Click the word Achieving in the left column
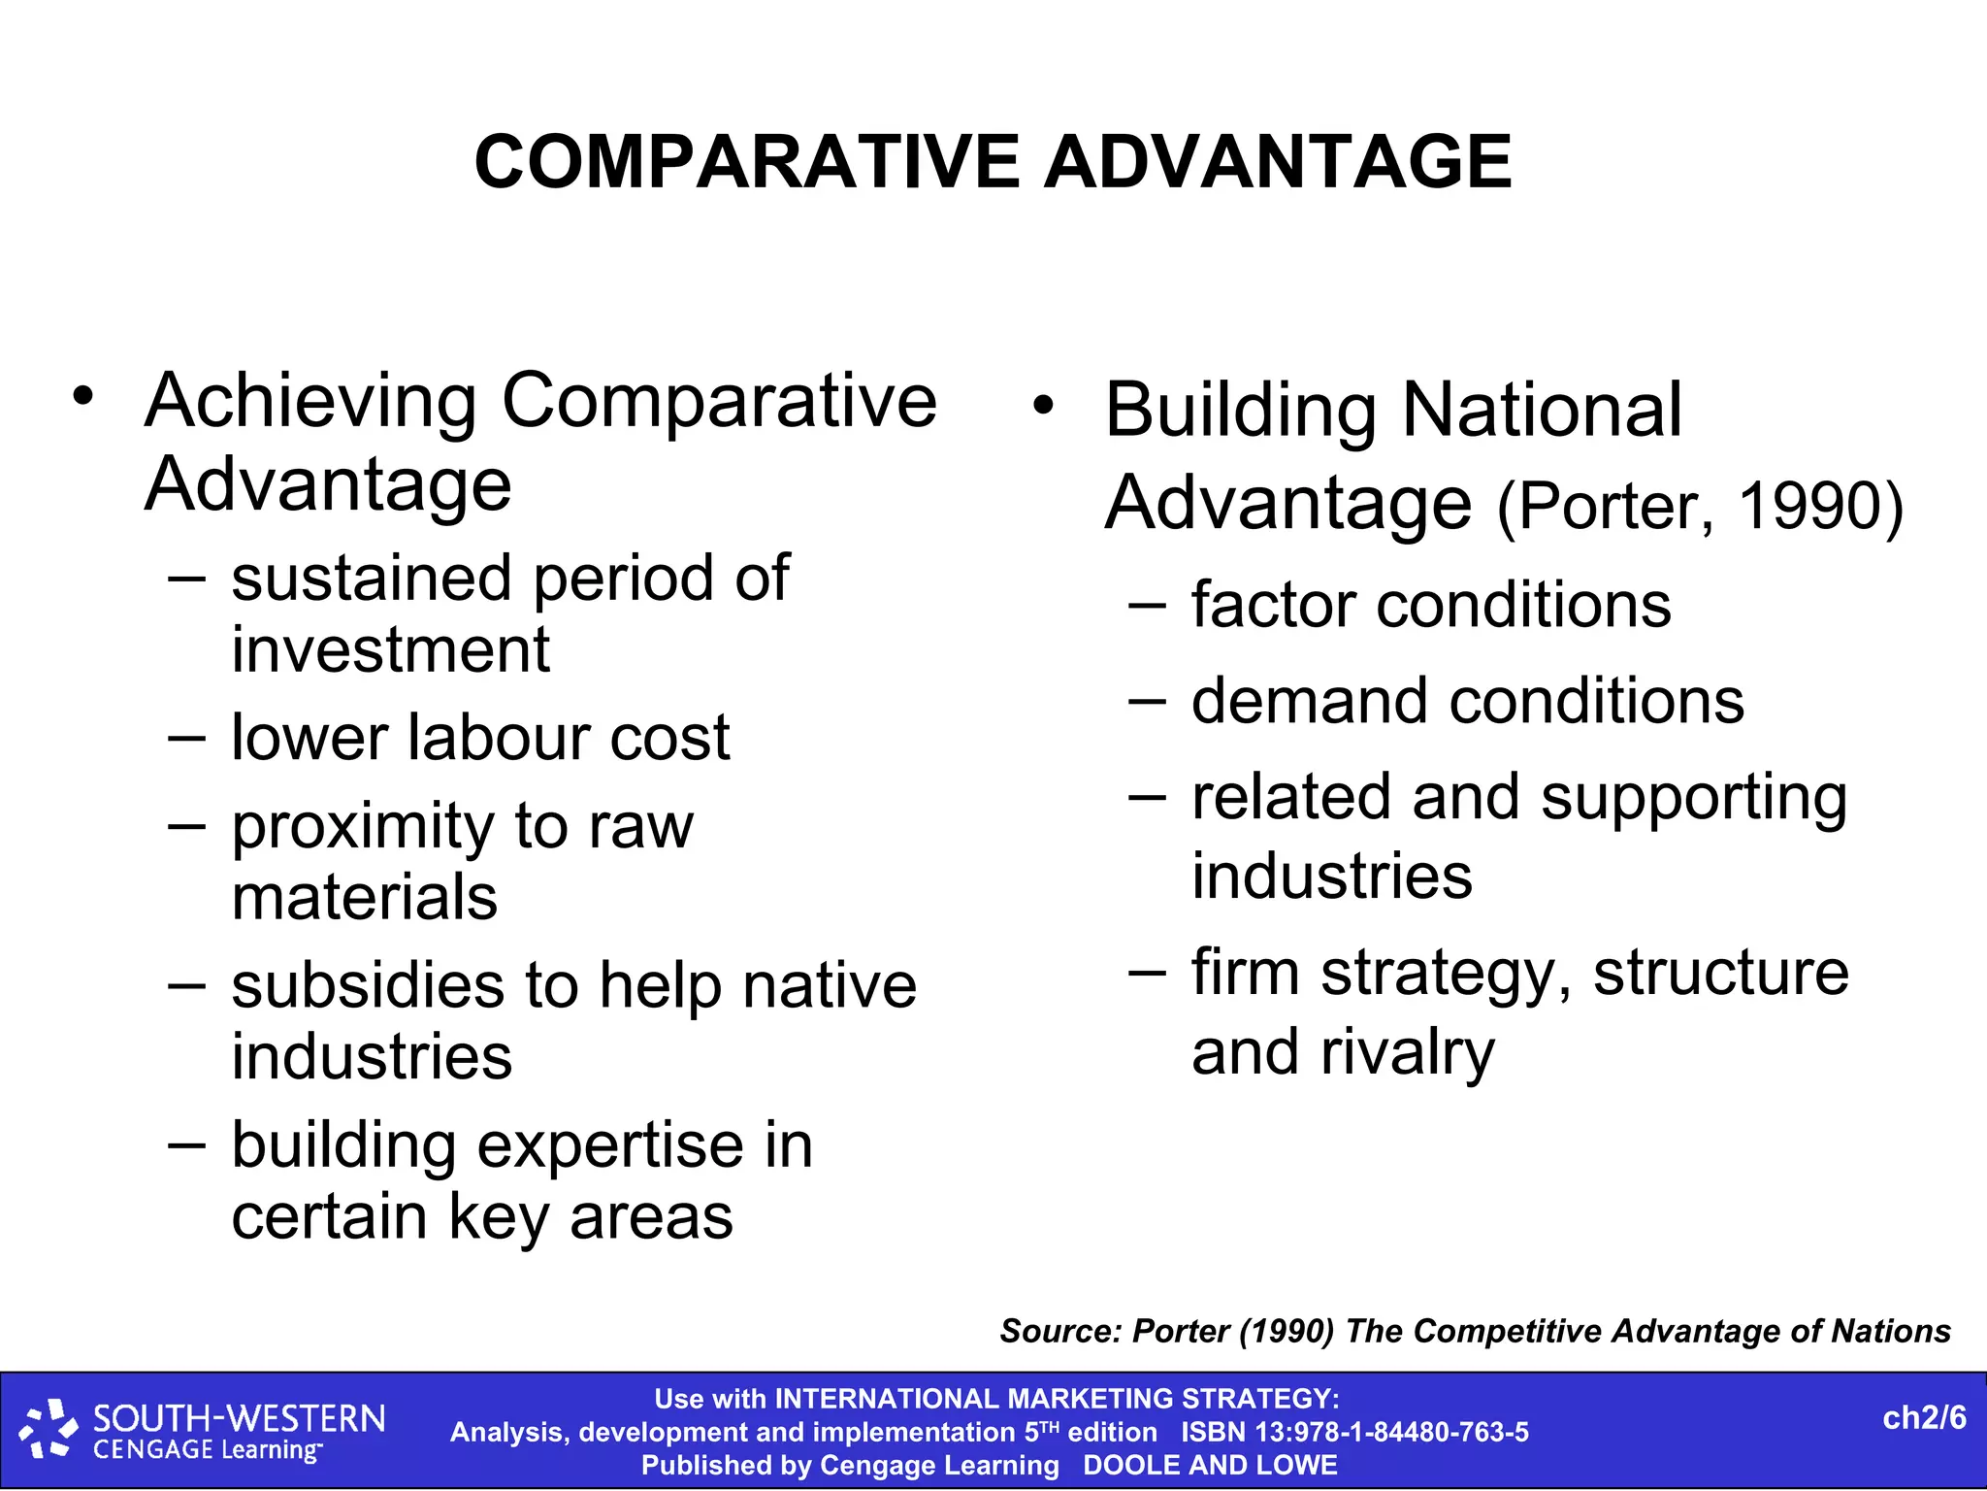tap(309, 401)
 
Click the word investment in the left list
tap(390, 649)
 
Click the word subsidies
tap(368, 986)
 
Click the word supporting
tap(1693, 798)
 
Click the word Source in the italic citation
tap(1059, 1331)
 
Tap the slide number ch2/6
tap(1924, 1418)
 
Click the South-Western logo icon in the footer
tap(49, 1429)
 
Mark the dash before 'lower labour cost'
tap(186, 738)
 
